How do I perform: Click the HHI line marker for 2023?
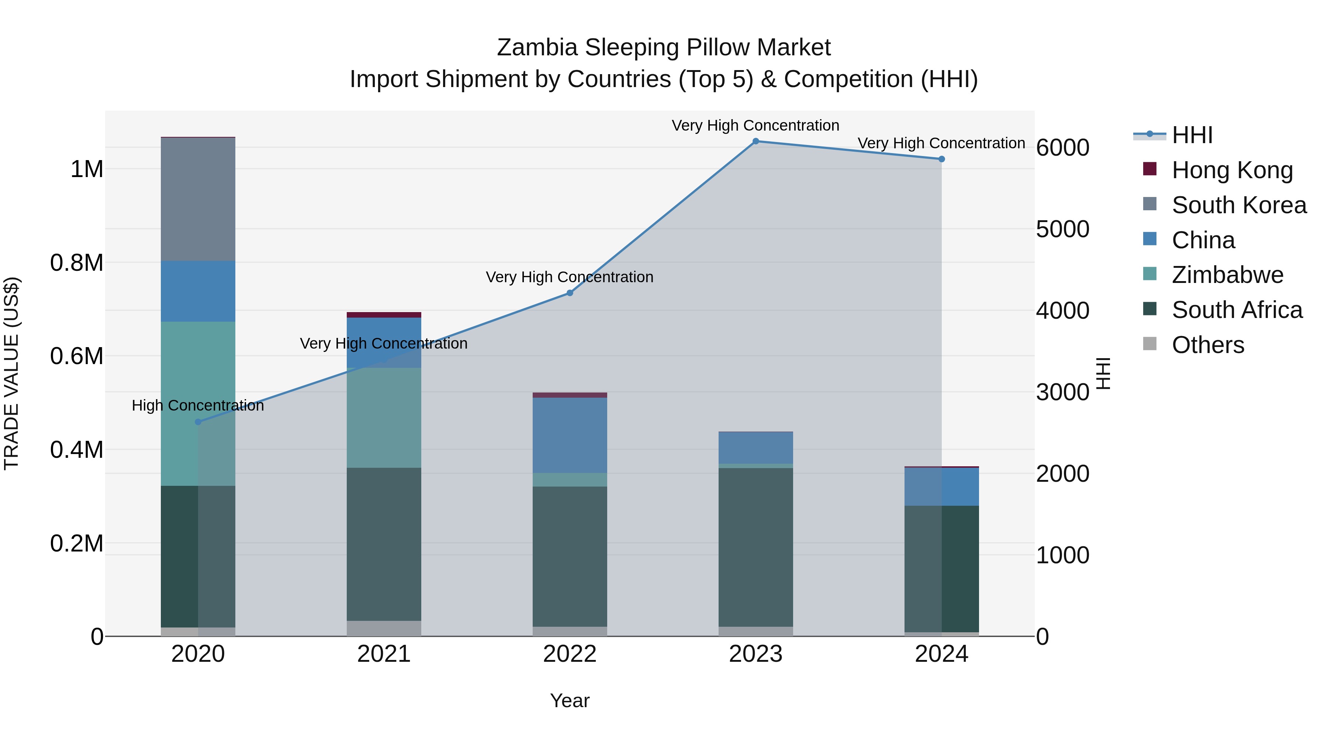coord(756,141)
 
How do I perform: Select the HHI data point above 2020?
coord(198,422)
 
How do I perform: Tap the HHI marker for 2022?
coord(570,293)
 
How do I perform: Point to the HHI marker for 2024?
coord(941,159)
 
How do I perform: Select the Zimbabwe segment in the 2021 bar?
coord(384,418)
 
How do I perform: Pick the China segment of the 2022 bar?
coord(570,435)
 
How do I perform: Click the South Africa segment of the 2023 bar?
coord(756,547)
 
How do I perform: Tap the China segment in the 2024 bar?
coord(941,487)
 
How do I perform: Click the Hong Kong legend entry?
coord(1232,170)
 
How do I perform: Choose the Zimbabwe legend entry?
coord(1227,275)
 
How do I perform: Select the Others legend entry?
coord(1207,345)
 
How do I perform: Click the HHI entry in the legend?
coord(1192,135)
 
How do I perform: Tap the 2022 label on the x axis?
coord(570,654)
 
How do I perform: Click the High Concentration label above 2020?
coord(198,406)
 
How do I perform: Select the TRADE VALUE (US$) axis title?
coord(11,373)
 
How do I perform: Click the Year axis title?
coord(570,701)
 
